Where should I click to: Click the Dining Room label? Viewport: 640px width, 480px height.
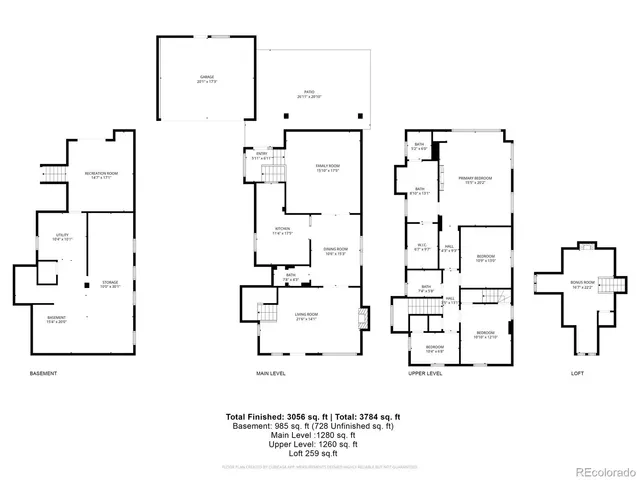tap(335, 251)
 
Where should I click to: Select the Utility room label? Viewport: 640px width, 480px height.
tap(60, 237)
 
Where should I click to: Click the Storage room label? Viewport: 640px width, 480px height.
tap(110, 285)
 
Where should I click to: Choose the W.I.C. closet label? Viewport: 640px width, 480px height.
tap(422, 247)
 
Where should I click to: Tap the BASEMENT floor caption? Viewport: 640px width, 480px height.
tap(43, 373)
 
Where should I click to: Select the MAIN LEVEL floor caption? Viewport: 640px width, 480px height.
tap(270, 373)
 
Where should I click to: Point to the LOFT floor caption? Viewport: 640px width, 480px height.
tap(577, 373)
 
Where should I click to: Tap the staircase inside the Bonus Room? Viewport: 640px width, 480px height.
tap(604, 283)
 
